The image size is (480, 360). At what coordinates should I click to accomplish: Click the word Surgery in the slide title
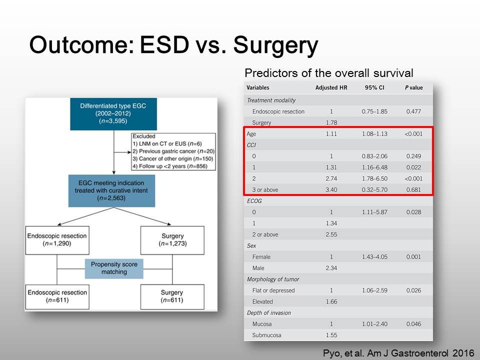click(x=275, y=45)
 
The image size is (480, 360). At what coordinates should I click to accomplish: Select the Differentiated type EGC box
click(x=113, y=114)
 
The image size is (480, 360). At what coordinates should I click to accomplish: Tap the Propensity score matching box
click(x=114, y=268)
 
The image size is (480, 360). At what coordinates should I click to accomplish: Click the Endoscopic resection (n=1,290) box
click(x=57, y=240)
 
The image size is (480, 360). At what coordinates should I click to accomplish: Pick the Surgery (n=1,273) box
click(x=172, y=240)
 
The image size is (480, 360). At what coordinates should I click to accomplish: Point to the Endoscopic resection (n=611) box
click(x=57, y=296)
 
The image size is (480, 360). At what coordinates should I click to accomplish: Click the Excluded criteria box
click(x=173, y=151)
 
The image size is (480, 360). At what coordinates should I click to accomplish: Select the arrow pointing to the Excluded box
click(x=122, y=152)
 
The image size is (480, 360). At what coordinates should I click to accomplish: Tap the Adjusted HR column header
click(x=331, y=87)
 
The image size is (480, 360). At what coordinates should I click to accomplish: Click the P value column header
click(x=413, y=87)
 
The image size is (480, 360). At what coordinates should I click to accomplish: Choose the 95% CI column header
click(x=374, y=87)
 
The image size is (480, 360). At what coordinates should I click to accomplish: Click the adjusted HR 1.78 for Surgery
click(x=331, y=123)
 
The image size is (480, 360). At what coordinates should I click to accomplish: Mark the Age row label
click(x=251, y=134)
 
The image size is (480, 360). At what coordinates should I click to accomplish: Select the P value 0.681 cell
click(x=413, y=190)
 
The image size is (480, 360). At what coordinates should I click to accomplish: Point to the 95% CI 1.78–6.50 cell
click(x=374, y=178)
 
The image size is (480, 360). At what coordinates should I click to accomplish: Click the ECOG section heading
click(x=254, y=201)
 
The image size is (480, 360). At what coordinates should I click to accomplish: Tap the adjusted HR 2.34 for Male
click(x=331, y=268)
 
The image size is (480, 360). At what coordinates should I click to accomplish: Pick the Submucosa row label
click(x=266, y=335)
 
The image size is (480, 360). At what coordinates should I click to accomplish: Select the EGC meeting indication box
click(x=111, y=190)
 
